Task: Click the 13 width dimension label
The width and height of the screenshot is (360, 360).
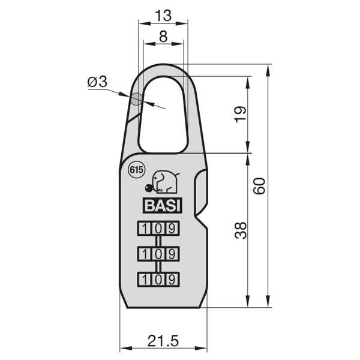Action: [x=163, y=16]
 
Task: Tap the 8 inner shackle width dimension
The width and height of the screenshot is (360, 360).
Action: [x=163, y=36]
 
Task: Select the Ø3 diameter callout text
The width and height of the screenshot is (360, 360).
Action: [x=98, y=82]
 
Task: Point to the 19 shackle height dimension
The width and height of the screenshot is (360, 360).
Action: [x=241, y=115]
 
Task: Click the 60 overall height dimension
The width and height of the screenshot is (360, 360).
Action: [x=259, y=186]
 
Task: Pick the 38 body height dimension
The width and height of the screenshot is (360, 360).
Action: [x=241, y=230]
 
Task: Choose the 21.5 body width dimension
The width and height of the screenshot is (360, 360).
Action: [x=163, y=340]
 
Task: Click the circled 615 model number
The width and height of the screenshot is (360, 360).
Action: [x=136, y=170]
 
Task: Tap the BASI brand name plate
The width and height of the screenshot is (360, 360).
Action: [x=163, y=205]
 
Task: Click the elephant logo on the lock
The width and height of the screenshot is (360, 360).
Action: [x=163, y=182]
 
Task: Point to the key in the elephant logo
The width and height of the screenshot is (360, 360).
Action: [x=151, y=188]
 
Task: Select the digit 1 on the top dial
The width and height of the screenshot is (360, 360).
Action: [x=145, y=229]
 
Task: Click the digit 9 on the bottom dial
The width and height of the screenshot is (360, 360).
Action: [x=172, y=280]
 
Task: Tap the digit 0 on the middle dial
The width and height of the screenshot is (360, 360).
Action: [x=158, y=254]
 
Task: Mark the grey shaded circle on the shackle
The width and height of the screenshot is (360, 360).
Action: [x=137, y=99]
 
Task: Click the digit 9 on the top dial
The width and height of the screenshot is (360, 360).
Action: [x=172, y=229]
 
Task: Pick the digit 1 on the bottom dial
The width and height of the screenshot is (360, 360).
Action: [x=145, y=280]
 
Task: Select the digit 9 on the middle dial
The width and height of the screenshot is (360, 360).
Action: [x=172, y=254]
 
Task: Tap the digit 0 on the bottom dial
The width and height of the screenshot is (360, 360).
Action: [x=158, y=280]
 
